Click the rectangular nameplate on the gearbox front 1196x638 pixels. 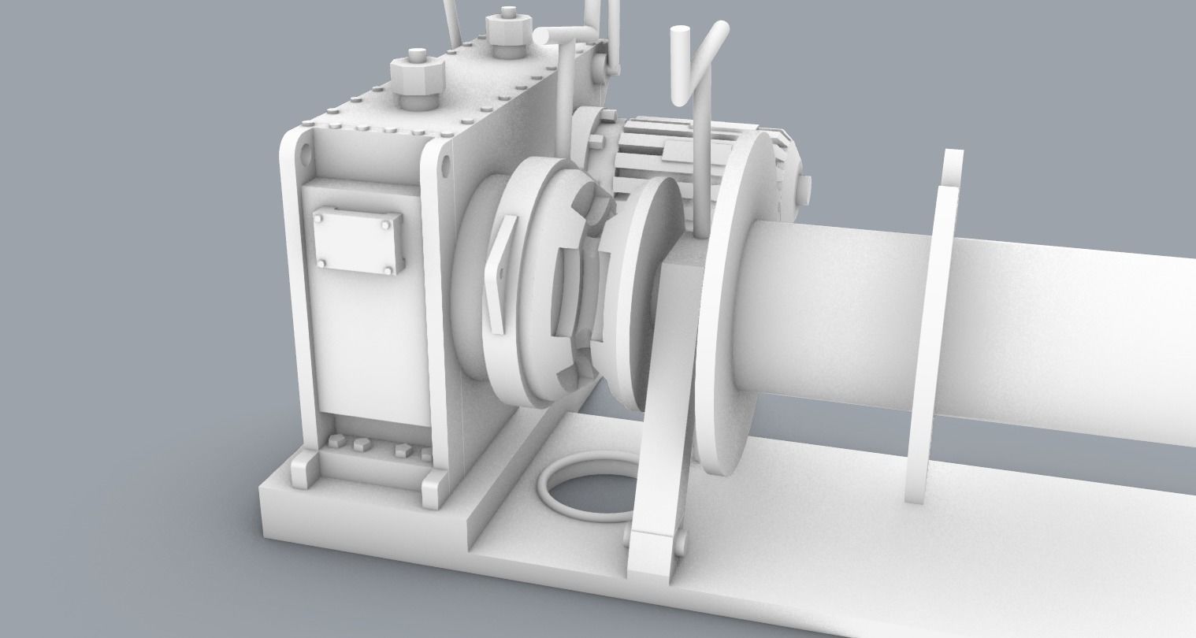[x=358, y=241]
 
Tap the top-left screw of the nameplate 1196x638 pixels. [x=321, y=213]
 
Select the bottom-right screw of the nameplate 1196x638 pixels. [x=388, y=272]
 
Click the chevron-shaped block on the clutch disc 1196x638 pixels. [x=502, y=272]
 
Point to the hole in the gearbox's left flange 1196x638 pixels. [x=303, y=155]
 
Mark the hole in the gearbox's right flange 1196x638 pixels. [x=447, y=168]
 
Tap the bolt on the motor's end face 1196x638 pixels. [x=805, y=188]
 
